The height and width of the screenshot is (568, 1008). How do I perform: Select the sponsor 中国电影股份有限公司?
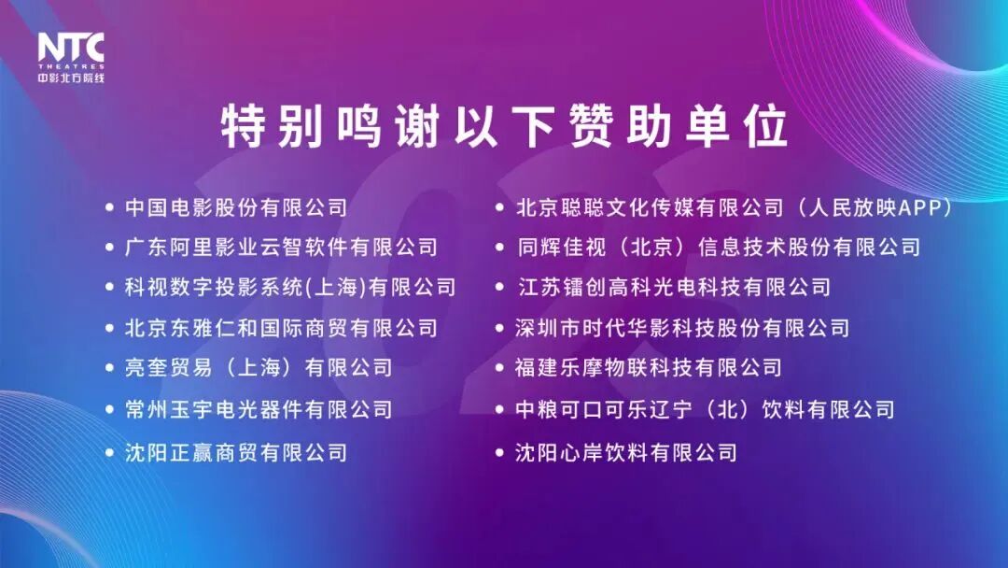click(x=236, y=207)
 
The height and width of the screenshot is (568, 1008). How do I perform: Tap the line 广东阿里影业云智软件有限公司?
click(x=281, y=248)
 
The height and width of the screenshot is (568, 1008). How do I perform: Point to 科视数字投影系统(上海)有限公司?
click(x=290, y=288)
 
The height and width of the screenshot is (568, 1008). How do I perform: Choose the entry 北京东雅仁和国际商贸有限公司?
click(x=281, y=328)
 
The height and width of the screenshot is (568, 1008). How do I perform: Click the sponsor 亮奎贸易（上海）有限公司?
click(x=259, y=368)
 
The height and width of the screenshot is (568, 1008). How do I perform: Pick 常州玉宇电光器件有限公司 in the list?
click(x=259, y=409)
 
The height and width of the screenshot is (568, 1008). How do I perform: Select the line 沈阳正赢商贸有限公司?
click(x=236, y=453)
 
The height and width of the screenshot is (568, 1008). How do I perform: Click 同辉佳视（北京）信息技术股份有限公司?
click(x=718, y=248)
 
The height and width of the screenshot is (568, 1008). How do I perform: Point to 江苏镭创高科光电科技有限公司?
click(x=673, y=288)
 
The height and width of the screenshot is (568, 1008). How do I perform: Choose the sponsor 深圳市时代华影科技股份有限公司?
click(x=682, y=328)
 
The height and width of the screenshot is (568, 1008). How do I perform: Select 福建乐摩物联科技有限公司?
click(x=649, y=368)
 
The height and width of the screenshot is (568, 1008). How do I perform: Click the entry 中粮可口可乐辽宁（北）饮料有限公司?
click(x=705, y=409)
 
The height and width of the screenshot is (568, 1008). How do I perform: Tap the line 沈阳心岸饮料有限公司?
click(x=626, y=453)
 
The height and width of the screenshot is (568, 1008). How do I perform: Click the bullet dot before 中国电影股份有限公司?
click(x=110, y=207)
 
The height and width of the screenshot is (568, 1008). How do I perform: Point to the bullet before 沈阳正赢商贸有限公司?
click(x=110, y=453)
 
